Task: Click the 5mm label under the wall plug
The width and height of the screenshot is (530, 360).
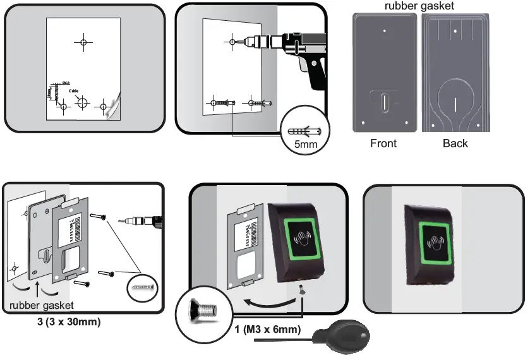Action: (305, 145)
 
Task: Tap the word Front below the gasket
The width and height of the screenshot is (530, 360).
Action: (383, 143)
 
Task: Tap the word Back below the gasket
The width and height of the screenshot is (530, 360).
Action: (455, 143)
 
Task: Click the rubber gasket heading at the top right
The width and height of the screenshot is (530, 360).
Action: (421, 6)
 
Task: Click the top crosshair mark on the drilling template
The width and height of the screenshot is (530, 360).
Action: (83, 42)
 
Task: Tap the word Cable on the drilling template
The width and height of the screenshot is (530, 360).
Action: (75, 90)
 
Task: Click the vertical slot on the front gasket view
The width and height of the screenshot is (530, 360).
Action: (383, 101)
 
